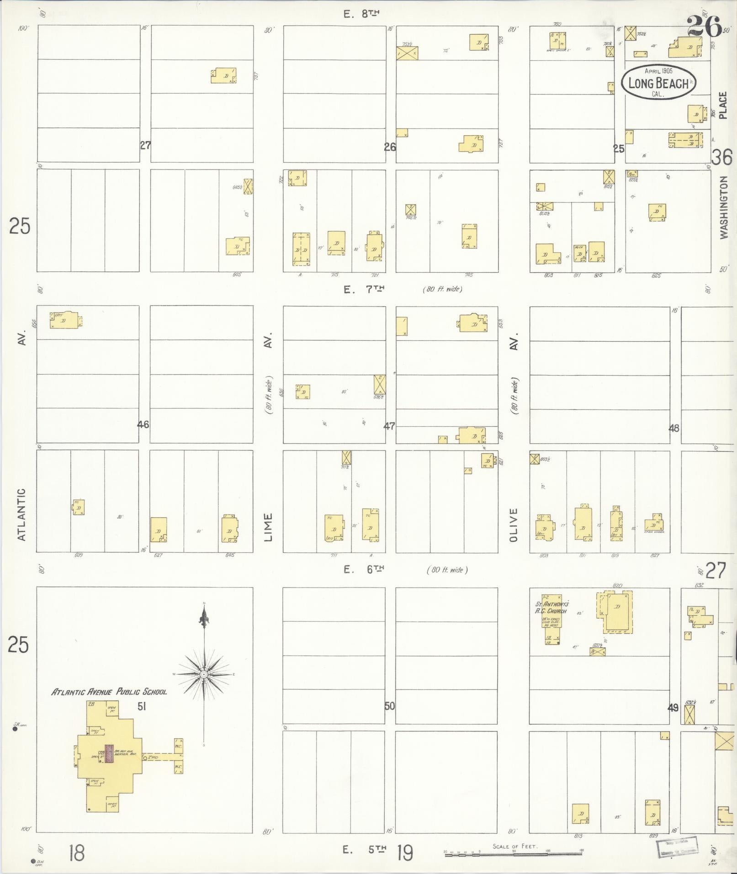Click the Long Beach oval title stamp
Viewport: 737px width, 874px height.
pyautogui.click(x=658, y=82)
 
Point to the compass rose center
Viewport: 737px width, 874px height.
pyautogui.click(x=204, y=674)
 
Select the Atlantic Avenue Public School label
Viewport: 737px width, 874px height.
pyautogui.click(x=109, y=692)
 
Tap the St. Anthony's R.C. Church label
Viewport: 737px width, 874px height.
pyautogui.click(x=551, y=607)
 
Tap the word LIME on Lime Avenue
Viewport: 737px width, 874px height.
pyautogui.click(x=268, y=528)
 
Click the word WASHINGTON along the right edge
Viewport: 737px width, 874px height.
pyautogui.click(x=723, y=208)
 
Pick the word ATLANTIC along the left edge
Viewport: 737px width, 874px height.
pyautogui.click(x=21, y=514)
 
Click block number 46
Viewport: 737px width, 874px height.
pyautogui.click(x=143, y=424)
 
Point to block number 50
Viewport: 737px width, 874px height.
pyautogui.click(x=389, y=706)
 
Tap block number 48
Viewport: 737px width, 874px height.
pyautogui.click(x=673, y=428)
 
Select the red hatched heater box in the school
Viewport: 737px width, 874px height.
pyautogui.click(x=109, y=753)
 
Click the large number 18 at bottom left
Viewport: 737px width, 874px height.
pyautogui.click(x=77, y=853)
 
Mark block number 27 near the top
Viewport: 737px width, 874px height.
pyautogui.click(x=145, y=146)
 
